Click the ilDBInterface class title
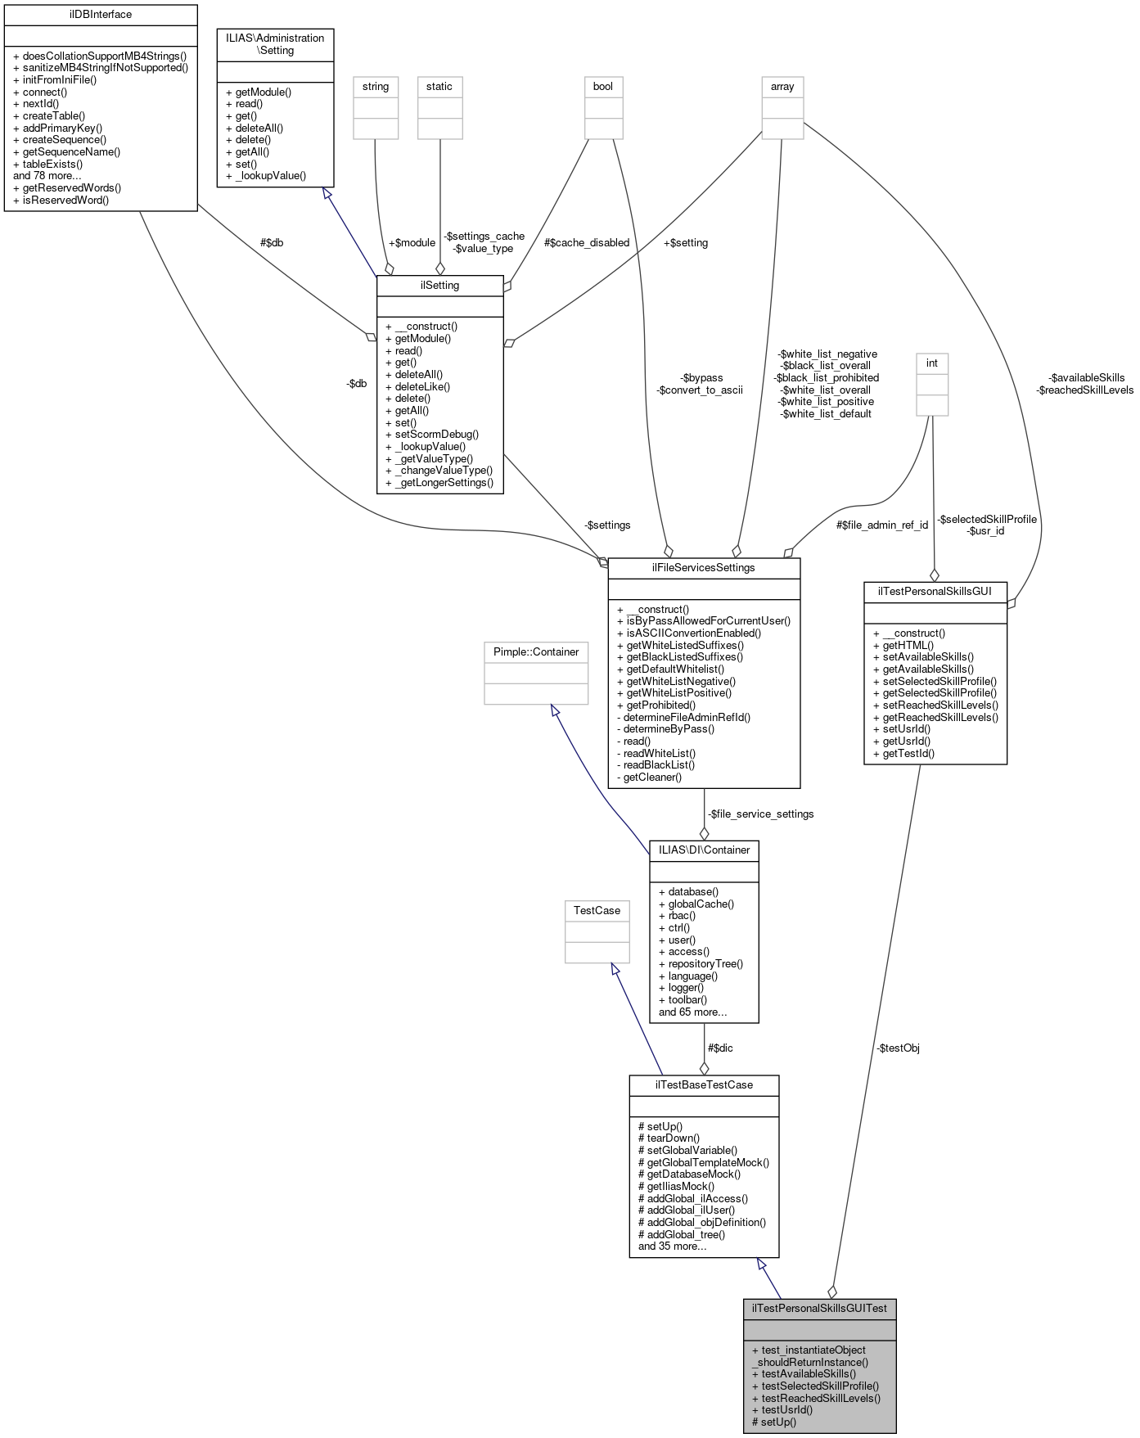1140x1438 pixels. click(101, 15)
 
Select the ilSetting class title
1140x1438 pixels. click(439, 286)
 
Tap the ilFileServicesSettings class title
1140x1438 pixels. click(703, 568)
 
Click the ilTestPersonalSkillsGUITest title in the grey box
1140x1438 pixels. click(819, 1308)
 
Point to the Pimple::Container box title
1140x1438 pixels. click(536, 652)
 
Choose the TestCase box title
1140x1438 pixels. click(597, 911)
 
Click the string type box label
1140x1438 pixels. click(376, 87)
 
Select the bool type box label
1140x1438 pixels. click(602, 87)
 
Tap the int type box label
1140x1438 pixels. click(931, 363)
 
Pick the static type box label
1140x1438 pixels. click(439, 87)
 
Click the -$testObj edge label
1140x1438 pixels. click(898, 1048)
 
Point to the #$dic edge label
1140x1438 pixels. click(720, 1048)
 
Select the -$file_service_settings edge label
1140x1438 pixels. click(760, 814)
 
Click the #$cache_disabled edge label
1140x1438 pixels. click(587, 243)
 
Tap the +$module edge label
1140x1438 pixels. click(412, 243)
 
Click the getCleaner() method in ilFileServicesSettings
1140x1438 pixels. click(652, 777)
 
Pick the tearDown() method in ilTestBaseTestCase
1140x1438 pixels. click(669, 1138)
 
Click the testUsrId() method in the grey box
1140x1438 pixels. click(786, 1410)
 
